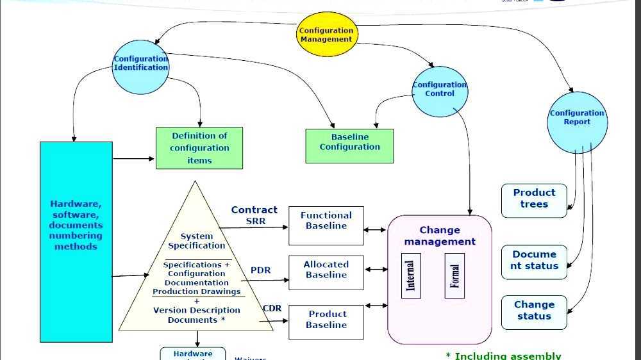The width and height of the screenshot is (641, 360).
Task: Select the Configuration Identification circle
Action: pos(140,64)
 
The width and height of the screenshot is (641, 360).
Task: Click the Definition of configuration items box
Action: pos(199,148)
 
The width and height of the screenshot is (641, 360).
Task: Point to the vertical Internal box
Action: pos(410,275)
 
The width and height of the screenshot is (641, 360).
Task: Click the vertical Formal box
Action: pos(454,275)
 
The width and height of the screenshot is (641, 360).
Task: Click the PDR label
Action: pos(260,270)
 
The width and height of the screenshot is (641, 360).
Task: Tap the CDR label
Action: pos(272,309)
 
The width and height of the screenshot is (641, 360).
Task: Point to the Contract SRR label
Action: pos(254,215)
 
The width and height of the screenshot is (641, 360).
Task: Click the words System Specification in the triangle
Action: pos(196,241)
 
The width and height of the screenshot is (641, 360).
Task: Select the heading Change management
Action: pos(440,236)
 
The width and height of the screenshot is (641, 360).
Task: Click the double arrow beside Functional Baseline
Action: pos(375,229)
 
